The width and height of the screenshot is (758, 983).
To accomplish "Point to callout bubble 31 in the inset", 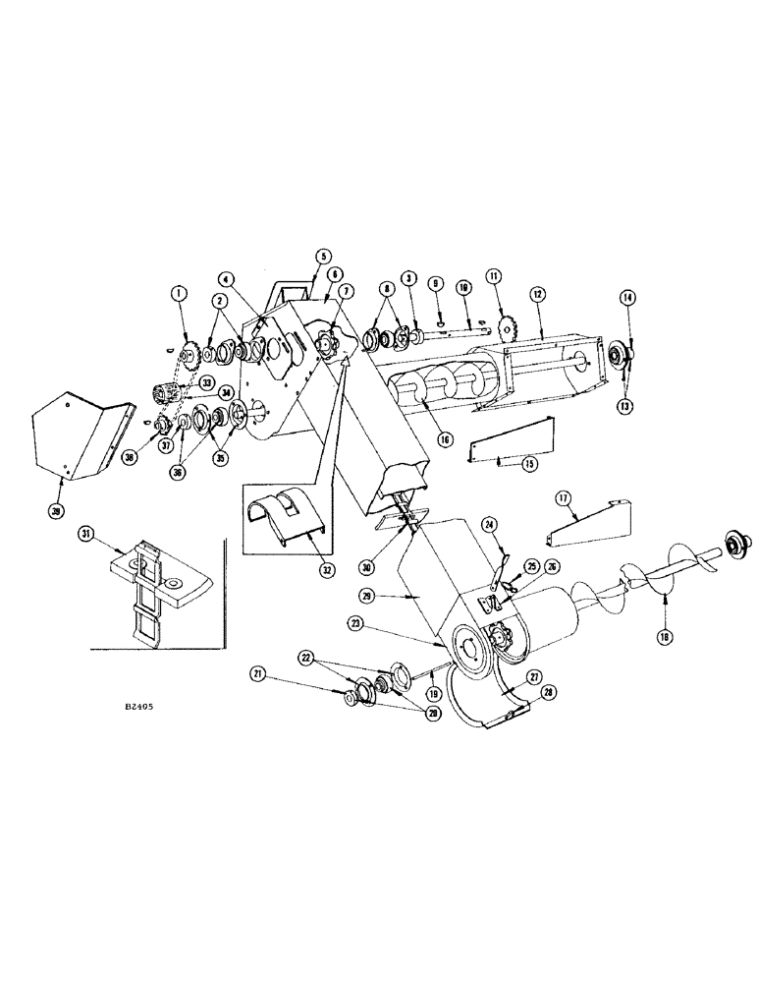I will pyautogui.click(x=88, y=533).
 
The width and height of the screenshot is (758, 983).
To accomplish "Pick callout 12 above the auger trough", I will pyautogui.click(x=537, y=294).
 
